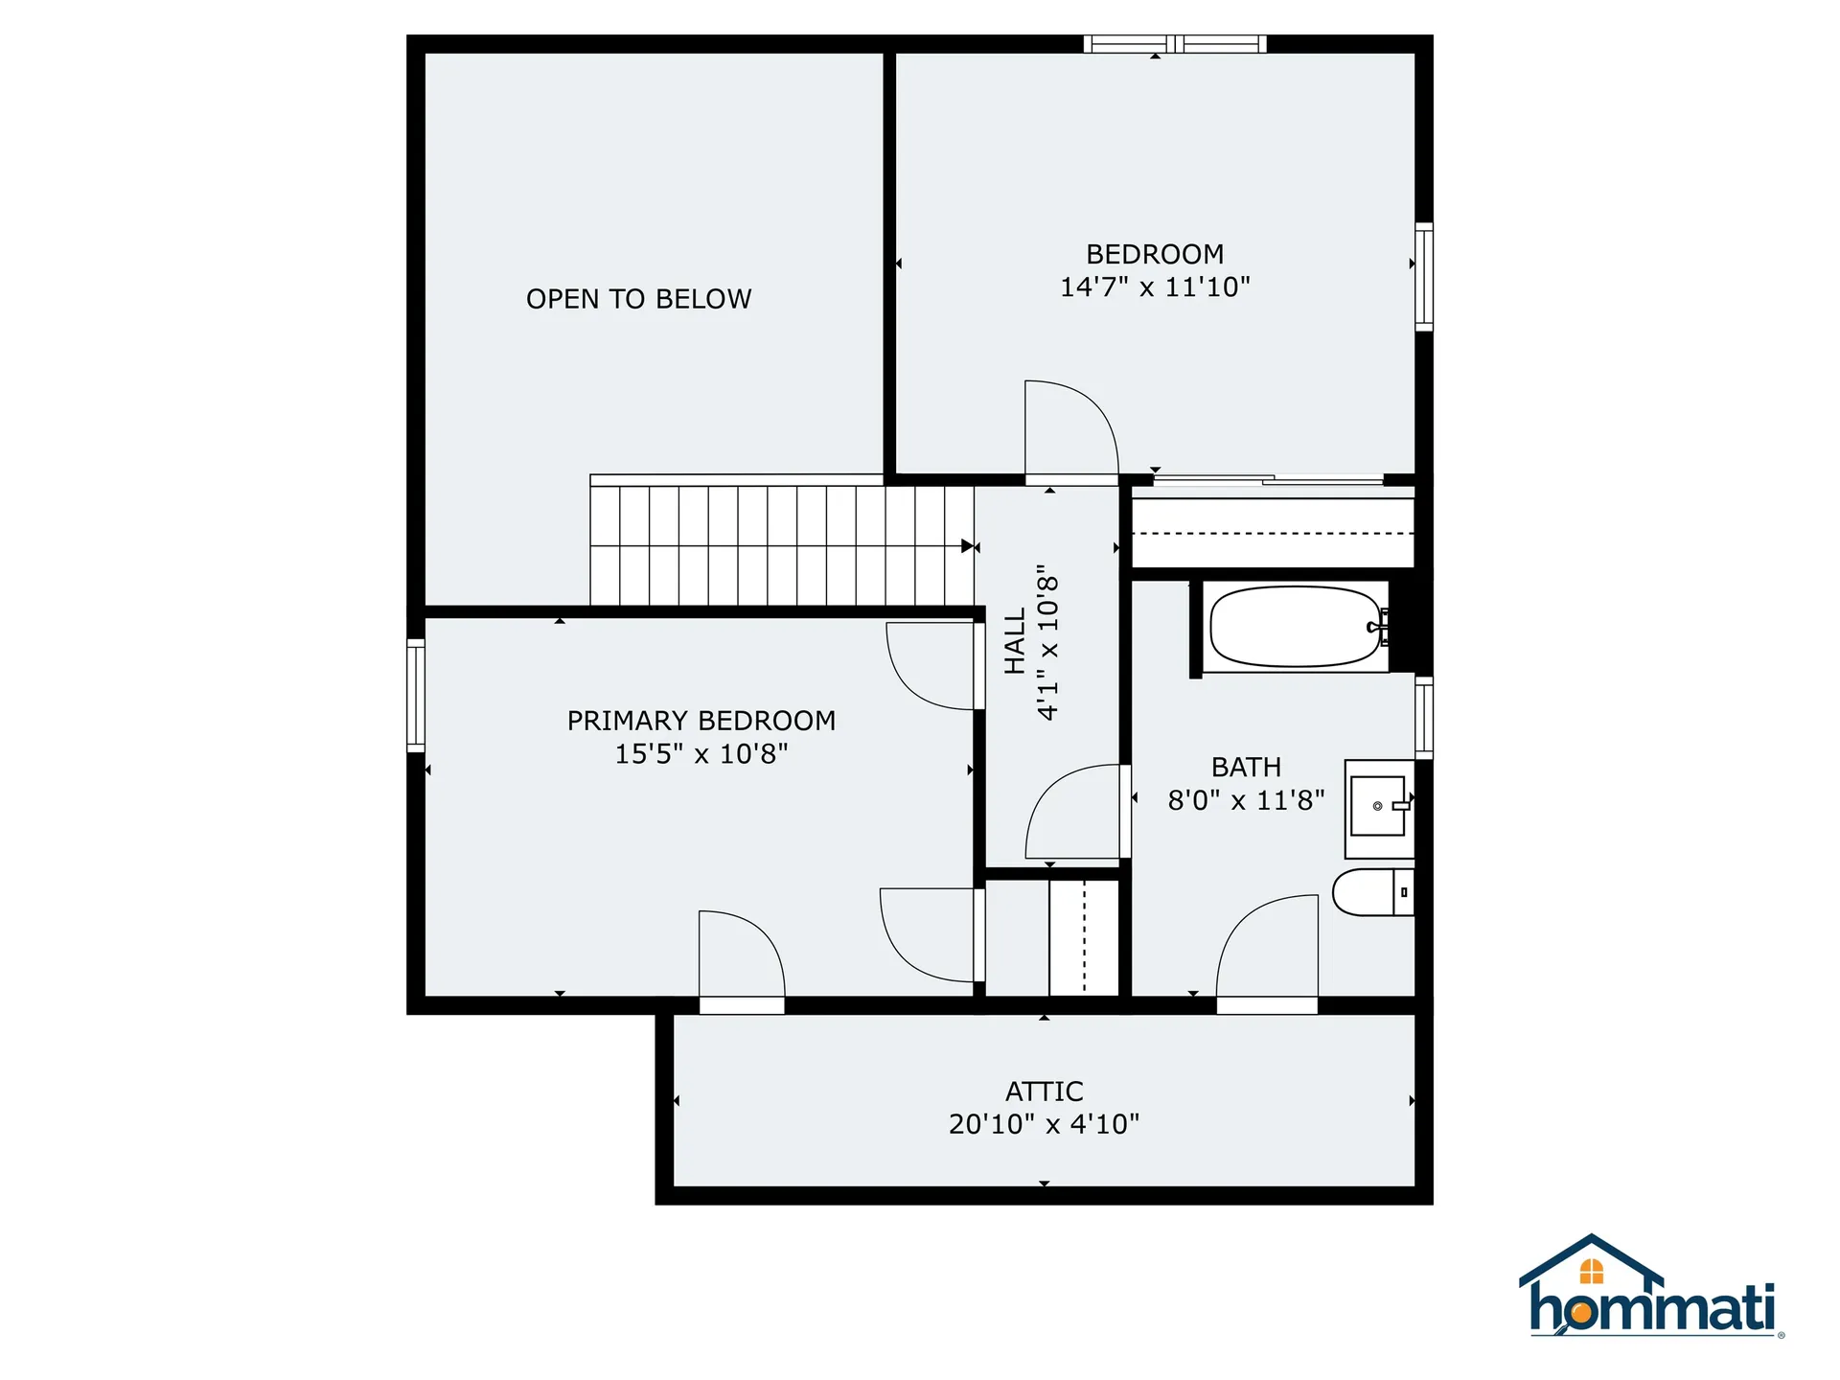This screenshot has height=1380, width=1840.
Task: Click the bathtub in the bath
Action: pyautogui.click(x=1295, y=627)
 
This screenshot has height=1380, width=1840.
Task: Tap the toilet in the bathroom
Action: pyautogui.click(x=1372, y=892)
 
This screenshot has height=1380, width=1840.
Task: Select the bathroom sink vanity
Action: pyautogui.click(x=1379, y=808)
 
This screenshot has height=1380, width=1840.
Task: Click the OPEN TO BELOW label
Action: pyautogui.click(x=638, y=299)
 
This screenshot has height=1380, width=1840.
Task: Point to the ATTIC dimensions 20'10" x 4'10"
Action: pyautogui.click(x=1044, y=1124)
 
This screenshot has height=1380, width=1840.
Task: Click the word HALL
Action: pyautogui.click(x=1015, y=641)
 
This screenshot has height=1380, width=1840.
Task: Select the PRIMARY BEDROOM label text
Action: pyautogui.click(x=701, y=721)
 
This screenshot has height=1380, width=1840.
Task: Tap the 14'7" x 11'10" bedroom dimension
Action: pyautogui.click(x=1155, y=287)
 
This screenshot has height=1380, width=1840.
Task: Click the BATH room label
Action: pyautogui.click(x=1246, y=767)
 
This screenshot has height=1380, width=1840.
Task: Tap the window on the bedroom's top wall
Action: pyautogui.click(x=1175, y=43)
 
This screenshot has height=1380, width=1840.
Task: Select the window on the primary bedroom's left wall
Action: pyautogui.click(x=416, y=696)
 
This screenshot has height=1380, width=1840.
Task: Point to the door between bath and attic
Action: pyautogui.click(x=1266, y=954)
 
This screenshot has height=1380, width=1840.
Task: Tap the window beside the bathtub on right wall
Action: pyautogui.click(x=1424, y=717)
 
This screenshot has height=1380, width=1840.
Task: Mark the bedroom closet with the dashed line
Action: pyautogui.click(x=1273, y=532)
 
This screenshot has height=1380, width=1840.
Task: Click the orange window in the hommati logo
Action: pyautogui.click(x=1592, y=1272)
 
